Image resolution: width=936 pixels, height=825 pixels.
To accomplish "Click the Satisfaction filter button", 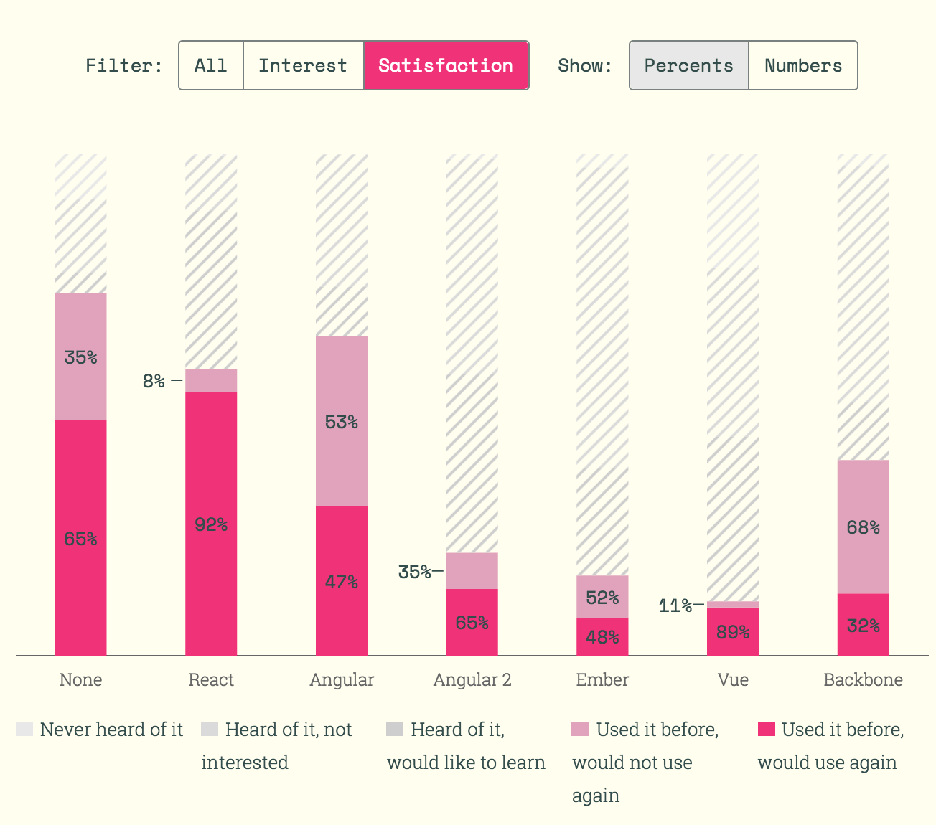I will tap(446, 65).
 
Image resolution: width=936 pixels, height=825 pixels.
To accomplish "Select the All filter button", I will tap(211, 65).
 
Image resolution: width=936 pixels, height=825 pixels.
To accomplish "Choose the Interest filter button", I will tap(303, 65).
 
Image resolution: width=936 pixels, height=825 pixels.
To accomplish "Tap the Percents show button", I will tap(688, 65).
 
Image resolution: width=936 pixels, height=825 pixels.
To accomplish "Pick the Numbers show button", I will tap(803, 65).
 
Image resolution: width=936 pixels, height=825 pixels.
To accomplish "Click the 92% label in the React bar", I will tap(211, 525).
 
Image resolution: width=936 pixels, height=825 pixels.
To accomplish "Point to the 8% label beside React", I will tap(154, 381).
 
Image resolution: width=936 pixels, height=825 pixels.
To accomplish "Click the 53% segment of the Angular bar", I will tap(342, 422).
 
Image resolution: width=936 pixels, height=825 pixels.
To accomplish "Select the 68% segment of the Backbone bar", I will tap(863, 527).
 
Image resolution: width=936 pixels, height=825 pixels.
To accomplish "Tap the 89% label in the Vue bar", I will tap(733, 632).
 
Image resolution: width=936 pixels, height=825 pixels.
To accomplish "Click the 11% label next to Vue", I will tap(675, 606).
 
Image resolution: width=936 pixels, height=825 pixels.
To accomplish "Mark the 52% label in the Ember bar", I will tap(602, 598).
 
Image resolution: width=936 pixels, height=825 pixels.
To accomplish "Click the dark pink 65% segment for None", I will tap(80, 539).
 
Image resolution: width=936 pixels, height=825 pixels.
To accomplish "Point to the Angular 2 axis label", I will tap(472, 680).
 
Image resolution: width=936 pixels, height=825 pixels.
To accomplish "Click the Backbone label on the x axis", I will tap(863, 680).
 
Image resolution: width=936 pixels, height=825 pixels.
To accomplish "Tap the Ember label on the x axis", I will tap(602, 680).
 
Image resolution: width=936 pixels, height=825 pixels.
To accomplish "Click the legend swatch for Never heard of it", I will tap(24, 730).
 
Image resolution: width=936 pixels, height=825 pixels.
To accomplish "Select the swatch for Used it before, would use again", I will tap(767, 730).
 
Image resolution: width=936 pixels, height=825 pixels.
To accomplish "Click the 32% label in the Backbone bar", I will tap(863, 626).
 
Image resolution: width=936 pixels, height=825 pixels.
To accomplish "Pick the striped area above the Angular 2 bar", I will tap(472, 352).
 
